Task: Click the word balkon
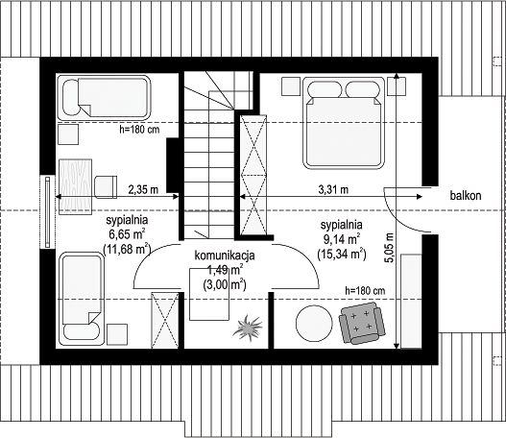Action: [x=466, y=195]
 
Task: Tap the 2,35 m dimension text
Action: [x=143, y=189]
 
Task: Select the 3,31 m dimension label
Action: [x=333, y=189]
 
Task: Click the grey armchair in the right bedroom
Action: [x=362, y=323]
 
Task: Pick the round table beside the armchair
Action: [x=314, y=324]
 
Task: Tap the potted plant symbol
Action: [x=248, y=327]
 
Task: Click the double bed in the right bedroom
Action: [x=344, y=123]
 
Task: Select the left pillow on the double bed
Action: [x=325, y=89]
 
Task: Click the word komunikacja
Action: [x=225, y=255]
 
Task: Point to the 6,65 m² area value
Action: [x=127, y=234]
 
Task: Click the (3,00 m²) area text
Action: [x=225, y=285]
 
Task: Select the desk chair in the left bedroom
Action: [x=106, y=187]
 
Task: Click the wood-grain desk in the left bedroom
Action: [x=75, y=187]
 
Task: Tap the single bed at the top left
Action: [x=104, y=98]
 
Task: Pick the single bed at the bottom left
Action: [x=82, y=299]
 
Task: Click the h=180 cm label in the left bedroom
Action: [x=139, y=130]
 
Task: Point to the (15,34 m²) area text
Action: [x=342, y=254]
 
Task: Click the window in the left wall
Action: [x=47, y=211]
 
